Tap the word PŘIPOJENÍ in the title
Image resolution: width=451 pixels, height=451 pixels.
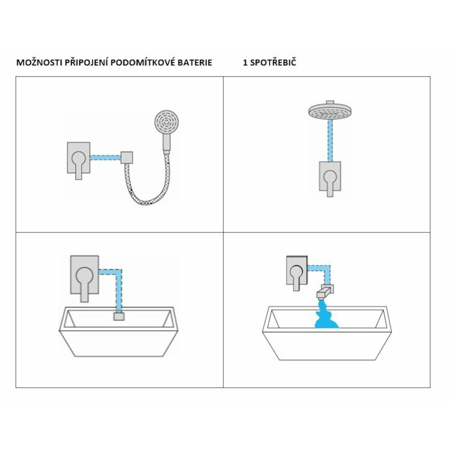86,62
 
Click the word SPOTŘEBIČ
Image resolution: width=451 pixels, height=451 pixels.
273,62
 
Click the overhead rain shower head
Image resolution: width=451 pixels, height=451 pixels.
330,110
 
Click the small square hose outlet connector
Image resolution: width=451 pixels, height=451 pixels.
127,157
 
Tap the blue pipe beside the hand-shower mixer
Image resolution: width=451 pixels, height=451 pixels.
105,157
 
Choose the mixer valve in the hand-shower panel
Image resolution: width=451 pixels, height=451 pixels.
78,160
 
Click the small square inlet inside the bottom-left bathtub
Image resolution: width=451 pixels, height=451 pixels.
119,317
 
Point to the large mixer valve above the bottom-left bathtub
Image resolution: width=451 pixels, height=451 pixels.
85,278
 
